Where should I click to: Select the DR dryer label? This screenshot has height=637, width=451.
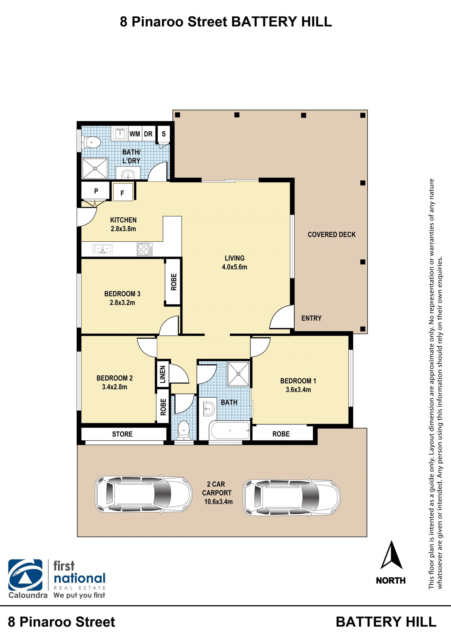point(148,134)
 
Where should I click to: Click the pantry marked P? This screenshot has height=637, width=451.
point(96,191)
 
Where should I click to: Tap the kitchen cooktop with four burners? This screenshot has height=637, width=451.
point(144,249)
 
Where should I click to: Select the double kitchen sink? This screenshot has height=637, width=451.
point(102,249)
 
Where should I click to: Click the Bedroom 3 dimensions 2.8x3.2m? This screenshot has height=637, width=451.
point(122,303)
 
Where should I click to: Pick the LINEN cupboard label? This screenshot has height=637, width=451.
point(163,374)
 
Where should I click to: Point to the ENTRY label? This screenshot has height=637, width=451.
point(311,318)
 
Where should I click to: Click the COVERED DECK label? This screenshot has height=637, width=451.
point(332,235)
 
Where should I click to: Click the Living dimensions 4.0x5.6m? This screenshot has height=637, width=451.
point(234,267)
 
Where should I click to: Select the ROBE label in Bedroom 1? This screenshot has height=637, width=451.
point(281,434)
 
